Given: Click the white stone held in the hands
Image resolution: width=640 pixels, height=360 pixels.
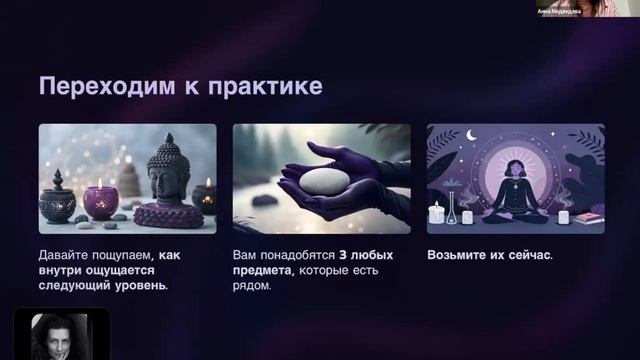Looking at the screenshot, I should [323, 180].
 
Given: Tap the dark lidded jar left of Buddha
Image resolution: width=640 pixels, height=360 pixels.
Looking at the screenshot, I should [57, 201].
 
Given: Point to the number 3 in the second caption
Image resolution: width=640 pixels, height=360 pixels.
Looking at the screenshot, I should [341, 255].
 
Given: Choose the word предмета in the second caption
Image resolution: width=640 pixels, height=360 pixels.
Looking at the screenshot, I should [261, 270].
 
